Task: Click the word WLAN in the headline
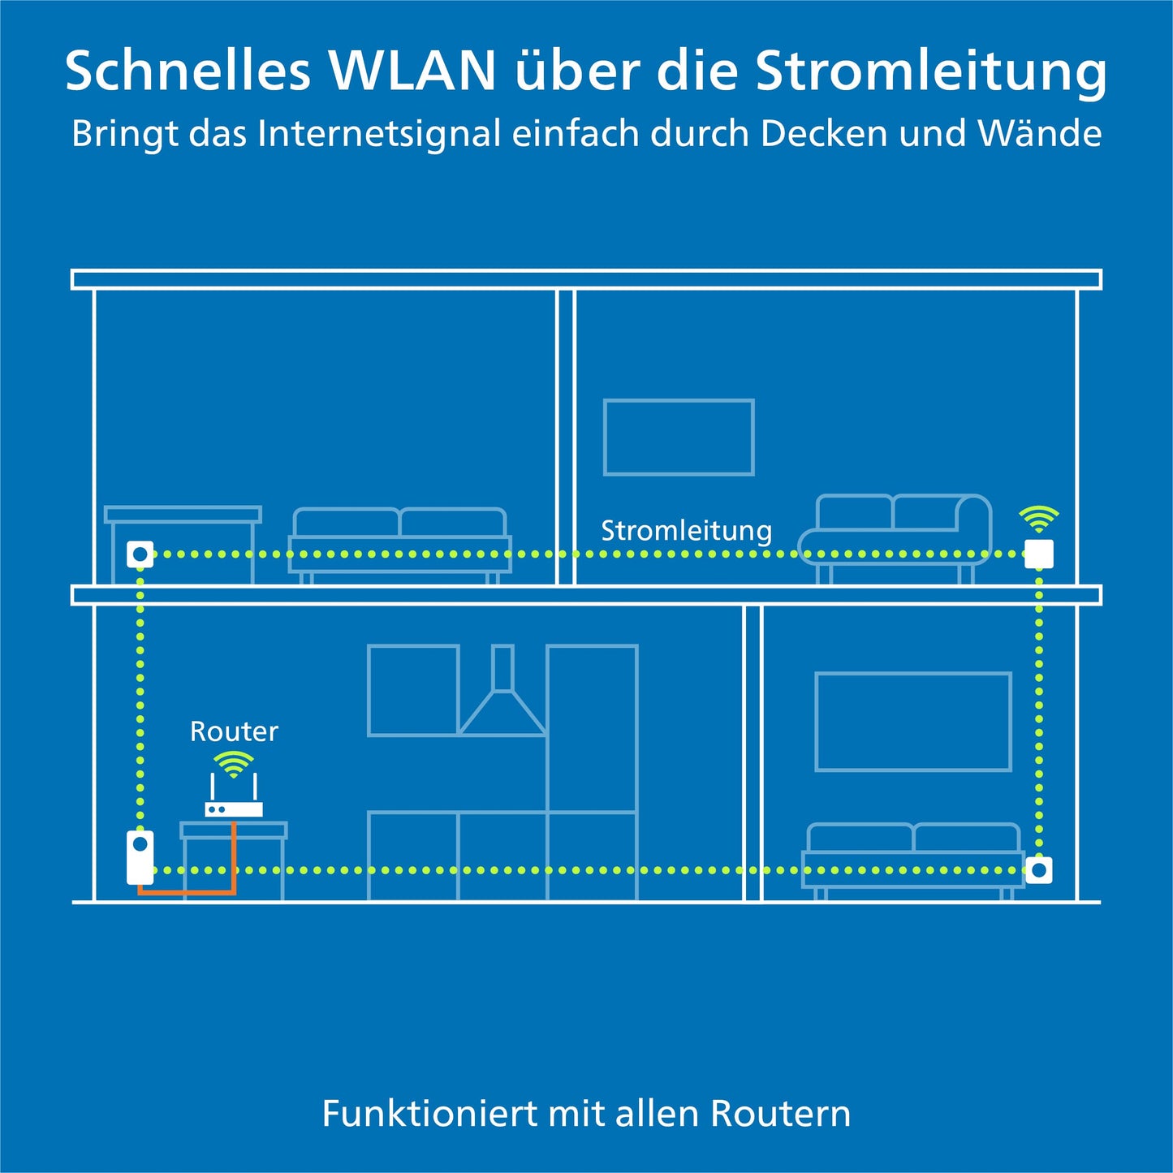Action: (412, 71)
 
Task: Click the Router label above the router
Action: (234, 731)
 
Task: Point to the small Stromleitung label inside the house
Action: (686, 531)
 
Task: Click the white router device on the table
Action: (234, 809)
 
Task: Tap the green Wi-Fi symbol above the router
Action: (234, 764)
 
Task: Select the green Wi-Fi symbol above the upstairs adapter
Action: (1039, 518)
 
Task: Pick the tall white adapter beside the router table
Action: (140, 857)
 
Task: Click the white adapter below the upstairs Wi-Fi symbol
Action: (1039, 554)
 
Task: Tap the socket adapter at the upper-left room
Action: (140, 554)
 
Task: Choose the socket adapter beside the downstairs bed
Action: (1039, 870)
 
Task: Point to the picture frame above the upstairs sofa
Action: (679, 438)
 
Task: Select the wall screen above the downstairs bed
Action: (913, 721)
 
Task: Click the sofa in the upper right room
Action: (896, 536)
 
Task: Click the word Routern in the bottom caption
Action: (780, 1113)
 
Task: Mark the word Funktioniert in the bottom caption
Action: (430, 1113)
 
